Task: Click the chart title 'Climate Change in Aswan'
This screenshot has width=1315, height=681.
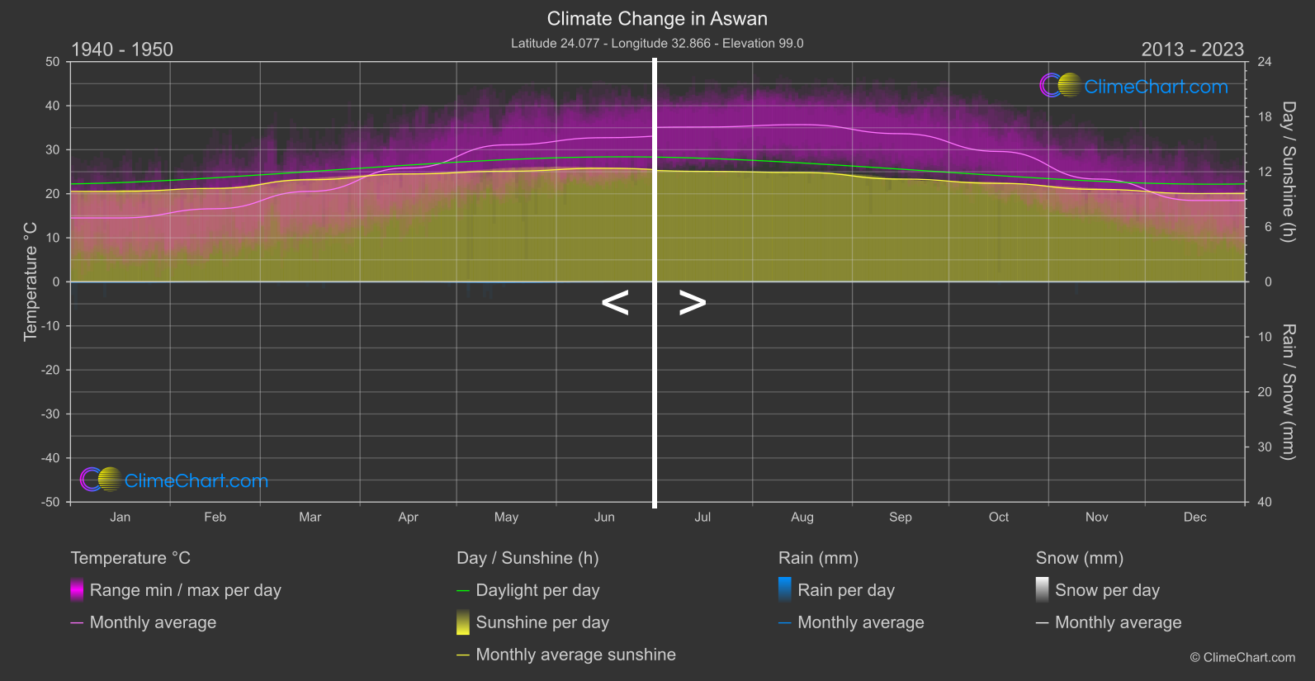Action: click(x=657, y=19)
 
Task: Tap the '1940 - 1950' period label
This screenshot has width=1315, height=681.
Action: click(x=122, y=50)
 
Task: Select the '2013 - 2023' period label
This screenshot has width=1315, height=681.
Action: click(x=1192, y=50)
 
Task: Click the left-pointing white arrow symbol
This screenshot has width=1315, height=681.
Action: click(x=615, y=303)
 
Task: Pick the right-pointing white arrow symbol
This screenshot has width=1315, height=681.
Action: click(x=693, y=303)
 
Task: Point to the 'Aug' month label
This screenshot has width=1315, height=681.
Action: click(x=802, y=518)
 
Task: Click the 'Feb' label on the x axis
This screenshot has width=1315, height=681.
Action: click(x=215, y=518)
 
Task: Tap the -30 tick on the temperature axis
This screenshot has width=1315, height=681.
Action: click(x=51, y=414)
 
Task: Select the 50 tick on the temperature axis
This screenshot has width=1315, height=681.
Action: click(x=53, y=62)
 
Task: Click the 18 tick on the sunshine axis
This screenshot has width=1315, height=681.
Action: click(x=1265, y=117)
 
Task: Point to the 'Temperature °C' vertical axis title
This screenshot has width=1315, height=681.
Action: click(x=31, y=281)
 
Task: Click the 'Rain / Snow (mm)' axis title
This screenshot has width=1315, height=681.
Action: click(x=1288, y=391)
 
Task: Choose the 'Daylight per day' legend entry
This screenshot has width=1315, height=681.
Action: click(x=537, y=590)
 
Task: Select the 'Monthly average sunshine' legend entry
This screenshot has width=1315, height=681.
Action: click(x=575, y=655)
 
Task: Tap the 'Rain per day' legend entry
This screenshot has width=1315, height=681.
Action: click(x=845, y=590)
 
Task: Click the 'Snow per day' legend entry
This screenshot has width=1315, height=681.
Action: click(x=1107, y=590)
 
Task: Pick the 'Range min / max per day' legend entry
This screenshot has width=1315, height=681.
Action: click(x=185, y=590)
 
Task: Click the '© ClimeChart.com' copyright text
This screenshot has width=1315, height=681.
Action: click(x=1242, y=658)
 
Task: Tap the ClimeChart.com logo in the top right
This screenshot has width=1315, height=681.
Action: click(x=1134, y=86)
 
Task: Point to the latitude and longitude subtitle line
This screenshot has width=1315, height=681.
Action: click(x=657, y=43)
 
